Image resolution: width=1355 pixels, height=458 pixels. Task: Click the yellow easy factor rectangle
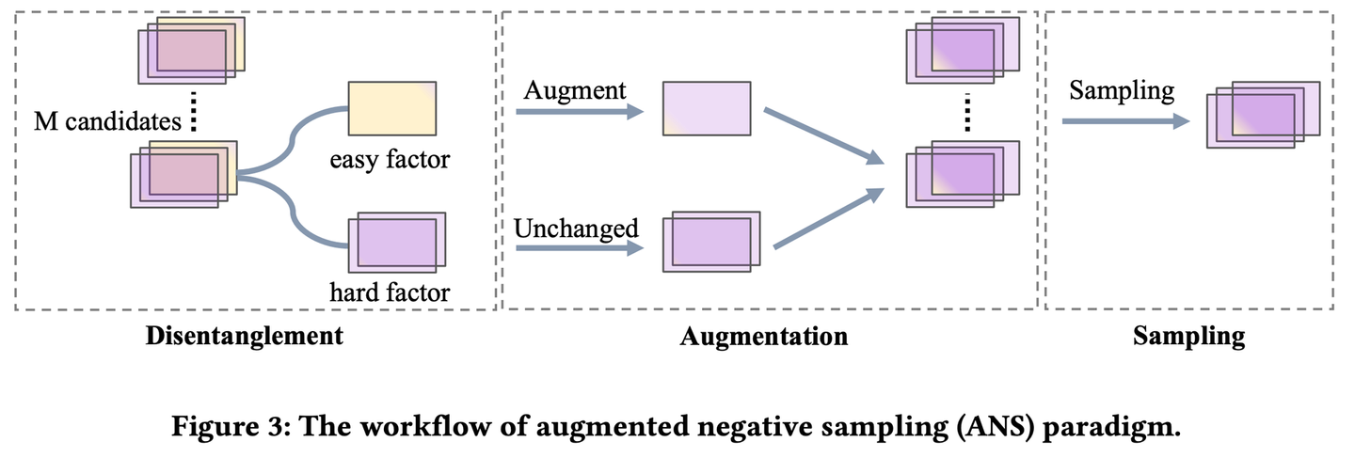point(391,108)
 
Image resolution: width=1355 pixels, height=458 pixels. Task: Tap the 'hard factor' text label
point(390,292)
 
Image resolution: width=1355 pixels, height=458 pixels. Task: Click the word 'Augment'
point(575,90)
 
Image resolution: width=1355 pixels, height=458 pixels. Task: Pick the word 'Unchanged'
point(576,229)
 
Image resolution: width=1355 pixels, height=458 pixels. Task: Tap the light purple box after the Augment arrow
point(706,109)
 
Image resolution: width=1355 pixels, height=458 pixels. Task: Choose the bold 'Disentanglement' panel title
point(244,336)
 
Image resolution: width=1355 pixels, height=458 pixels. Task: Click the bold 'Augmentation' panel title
point(763,336)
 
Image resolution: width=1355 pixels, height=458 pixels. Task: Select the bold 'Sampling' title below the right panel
point(1188,336)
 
